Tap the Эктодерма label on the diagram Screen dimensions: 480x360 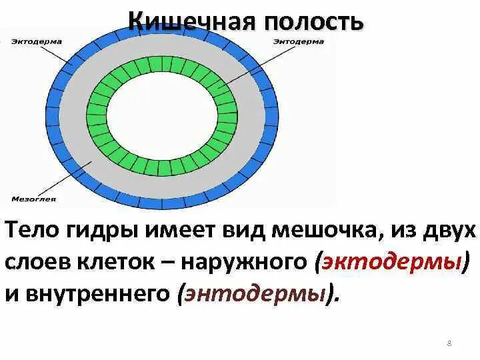click(37, 41)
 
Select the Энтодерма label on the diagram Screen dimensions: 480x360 click(298, 41)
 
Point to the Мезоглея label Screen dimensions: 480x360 click(34, 199)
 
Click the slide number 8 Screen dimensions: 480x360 click(449, 344)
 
